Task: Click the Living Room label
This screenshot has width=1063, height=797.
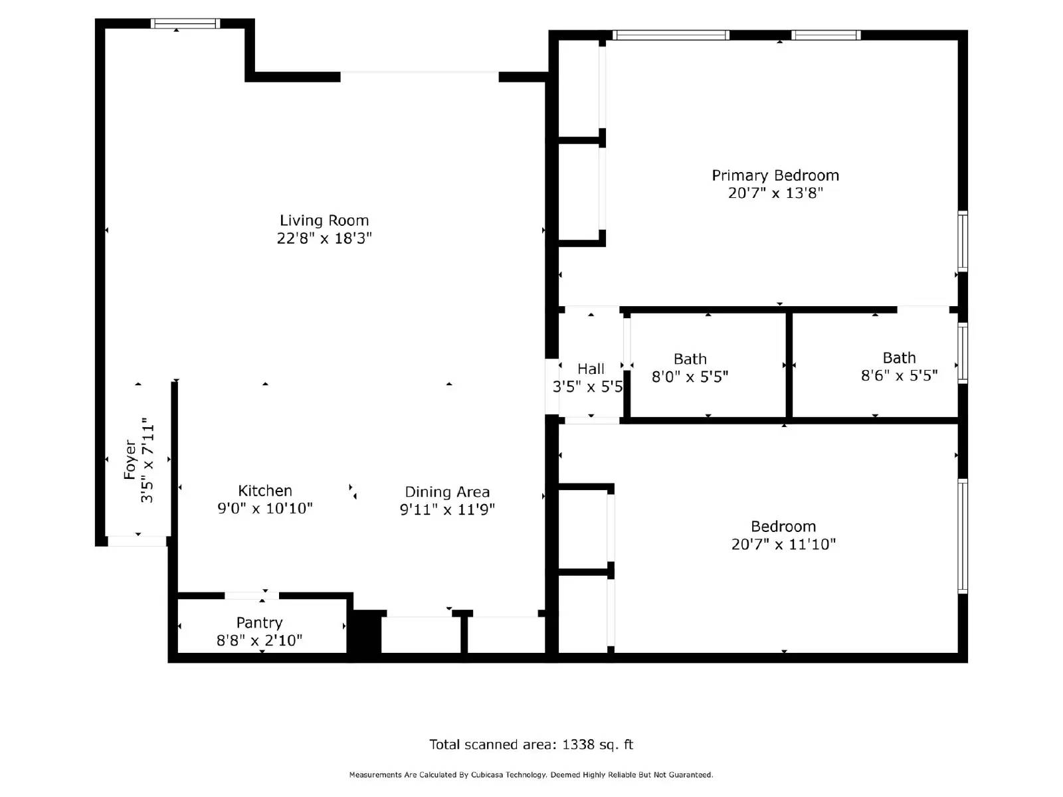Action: point(324,221)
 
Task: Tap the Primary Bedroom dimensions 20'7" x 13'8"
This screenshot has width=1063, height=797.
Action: point(775,193)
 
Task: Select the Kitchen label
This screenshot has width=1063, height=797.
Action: point(265,491)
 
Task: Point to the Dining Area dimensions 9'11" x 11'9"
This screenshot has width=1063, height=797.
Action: point(447,509)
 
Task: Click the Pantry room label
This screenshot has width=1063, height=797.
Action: point(260,623)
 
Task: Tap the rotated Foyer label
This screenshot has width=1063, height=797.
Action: point(130,459)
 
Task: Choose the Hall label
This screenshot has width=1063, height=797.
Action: point(591,369)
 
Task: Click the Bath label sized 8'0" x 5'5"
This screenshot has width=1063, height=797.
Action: point(690,359)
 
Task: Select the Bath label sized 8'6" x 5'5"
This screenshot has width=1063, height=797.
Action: point(899,358)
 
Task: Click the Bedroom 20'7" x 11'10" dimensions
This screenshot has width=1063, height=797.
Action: point(783,545)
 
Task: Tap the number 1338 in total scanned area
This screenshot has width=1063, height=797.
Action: point(578,745)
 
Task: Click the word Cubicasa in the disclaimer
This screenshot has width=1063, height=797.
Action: point(487,775)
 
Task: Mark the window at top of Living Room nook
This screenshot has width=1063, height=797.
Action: point(185,24)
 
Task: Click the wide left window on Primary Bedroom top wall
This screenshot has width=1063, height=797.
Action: point(670,35)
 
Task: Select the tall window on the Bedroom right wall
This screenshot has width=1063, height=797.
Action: point(962,535)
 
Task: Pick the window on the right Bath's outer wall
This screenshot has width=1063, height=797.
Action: point(962,353)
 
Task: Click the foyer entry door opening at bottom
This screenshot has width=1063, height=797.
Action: point(137,541)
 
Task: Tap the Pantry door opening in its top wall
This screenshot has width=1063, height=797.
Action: point(251,596)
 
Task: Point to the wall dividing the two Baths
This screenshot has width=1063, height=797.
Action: point(789,365)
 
